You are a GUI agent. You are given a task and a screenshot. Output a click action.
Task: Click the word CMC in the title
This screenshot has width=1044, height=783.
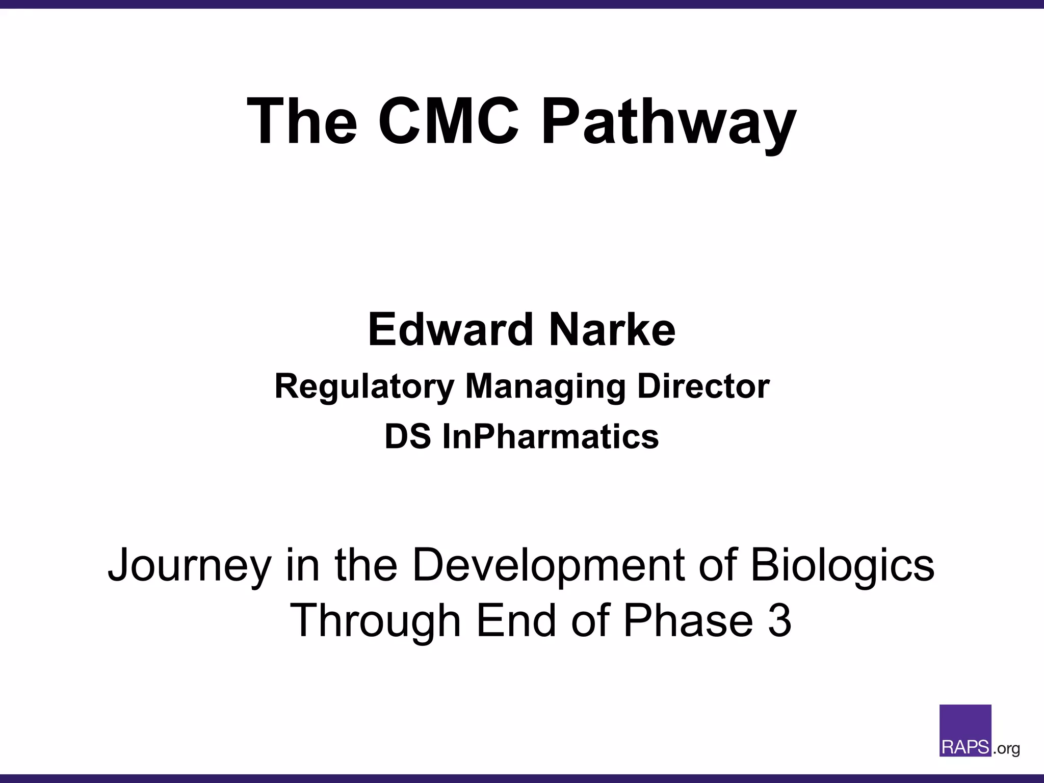point(448,121)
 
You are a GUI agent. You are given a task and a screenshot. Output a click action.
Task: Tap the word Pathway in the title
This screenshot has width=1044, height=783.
point(668,122)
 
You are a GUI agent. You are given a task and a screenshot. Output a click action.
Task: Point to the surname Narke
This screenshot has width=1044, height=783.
point(612,330)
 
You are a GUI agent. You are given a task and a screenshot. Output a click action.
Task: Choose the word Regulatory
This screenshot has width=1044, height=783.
point(364,387)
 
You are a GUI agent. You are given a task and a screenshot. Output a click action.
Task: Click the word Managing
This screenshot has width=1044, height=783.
point(545,387)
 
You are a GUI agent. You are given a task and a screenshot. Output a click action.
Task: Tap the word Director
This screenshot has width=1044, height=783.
point(703,386)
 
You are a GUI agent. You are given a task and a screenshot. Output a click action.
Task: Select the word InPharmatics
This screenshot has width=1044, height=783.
point(551,437)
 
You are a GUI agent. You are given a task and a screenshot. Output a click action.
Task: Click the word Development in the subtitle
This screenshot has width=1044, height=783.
point(549,566)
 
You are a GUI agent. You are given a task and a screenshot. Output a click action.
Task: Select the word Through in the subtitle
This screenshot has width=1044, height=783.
point(375,621)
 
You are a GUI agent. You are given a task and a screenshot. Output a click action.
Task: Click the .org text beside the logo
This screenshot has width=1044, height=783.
point(1006,749)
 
